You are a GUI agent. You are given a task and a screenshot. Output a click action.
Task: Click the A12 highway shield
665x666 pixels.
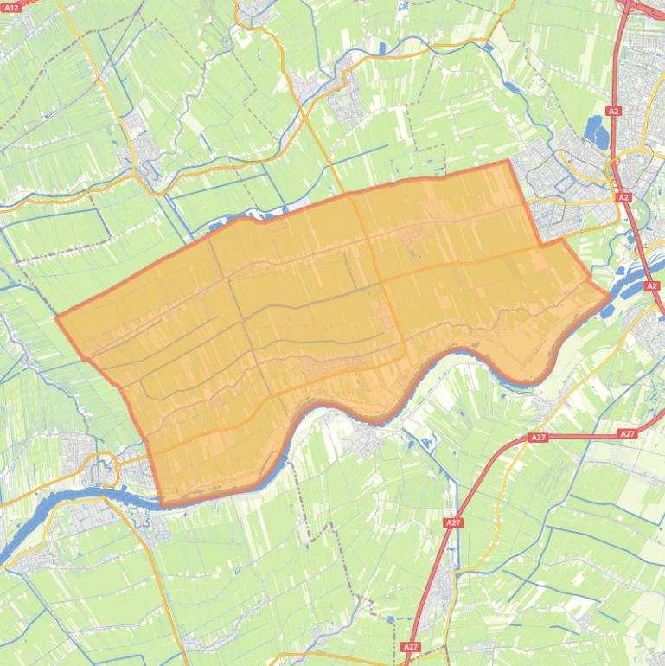[11, 7]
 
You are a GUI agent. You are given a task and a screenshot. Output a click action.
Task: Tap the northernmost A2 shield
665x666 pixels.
[613, 111]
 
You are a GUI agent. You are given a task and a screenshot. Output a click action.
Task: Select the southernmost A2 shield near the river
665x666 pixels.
[652, 285]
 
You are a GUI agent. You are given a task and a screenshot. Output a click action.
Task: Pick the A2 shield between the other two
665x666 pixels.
[624, 198]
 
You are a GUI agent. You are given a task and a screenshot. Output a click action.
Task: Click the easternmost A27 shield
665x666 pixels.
[628, 433]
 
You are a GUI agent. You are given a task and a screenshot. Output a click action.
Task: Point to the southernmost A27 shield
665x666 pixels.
[411, 646]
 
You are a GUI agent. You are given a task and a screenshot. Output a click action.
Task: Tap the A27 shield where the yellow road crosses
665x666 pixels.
[453, 522]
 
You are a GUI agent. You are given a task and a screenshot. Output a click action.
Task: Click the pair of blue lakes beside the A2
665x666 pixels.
[597, 131]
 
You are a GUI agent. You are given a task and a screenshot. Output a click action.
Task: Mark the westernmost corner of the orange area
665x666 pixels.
[57, 318]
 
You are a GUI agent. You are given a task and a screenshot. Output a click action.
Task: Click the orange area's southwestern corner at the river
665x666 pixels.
[163, 504]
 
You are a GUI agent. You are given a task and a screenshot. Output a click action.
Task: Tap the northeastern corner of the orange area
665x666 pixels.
[508, 162]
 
